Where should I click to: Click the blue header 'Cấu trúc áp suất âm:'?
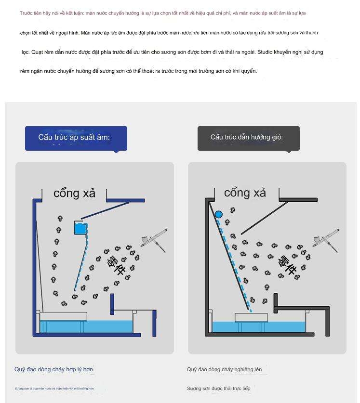76,138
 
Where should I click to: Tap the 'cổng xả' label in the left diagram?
74,194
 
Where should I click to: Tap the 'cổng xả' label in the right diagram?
245,193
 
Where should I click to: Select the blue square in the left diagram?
81,228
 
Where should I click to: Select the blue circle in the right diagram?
219,214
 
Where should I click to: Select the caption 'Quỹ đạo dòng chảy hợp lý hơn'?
53,369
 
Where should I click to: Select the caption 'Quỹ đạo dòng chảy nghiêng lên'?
224,369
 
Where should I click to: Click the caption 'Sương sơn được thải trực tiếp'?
218,388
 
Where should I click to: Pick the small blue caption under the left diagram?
54,388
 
